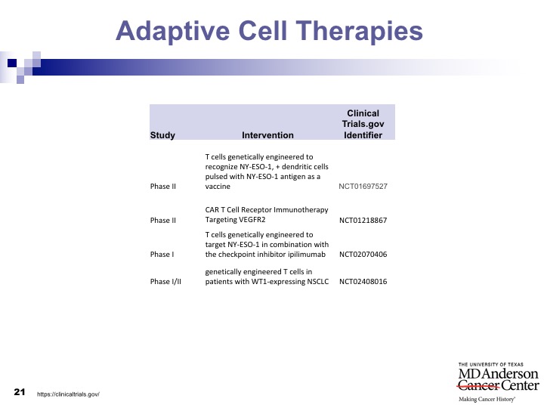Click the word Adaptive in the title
click(x=172, y=31)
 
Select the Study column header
click(x=162, y=135)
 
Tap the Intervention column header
click(x=267, y=135)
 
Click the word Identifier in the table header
click(x=363, y=135)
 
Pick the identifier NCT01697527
click(x=363, y=187)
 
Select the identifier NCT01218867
click(x=363, y=221)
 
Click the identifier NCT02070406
click(x=363, y=255)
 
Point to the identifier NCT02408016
click(x=363, y=281)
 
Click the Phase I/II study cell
click(x=165, y=281)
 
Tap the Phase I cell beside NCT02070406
click(x=162, y=255)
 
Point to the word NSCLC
click(x=318, y=281)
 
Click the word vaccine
click(x=218, y=187)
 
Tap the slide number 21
click(x=20, y=392)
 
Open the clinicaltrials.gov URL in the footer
click(x=68, y=394)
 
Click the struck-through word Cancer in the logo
click(x=479, y=385)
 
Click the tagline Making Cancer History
click(x=487, y=400)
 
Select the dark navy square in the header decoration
click(x=12, y=63)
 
